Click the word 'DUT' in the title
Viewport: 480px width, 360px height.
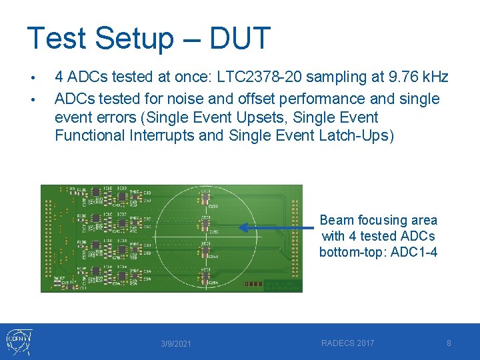(239, 38)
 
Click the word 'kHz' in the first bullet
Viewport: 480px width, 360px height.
(431, 78)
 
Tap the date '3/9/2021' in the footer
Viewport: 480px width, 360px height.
(176, 344)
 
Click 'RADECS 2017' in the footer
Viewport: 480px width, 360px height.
(347, 343)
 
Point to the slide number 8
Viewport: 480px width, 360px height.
(449, 343)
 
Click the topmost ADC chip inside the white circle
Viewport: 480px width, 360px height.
(205, 200)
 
